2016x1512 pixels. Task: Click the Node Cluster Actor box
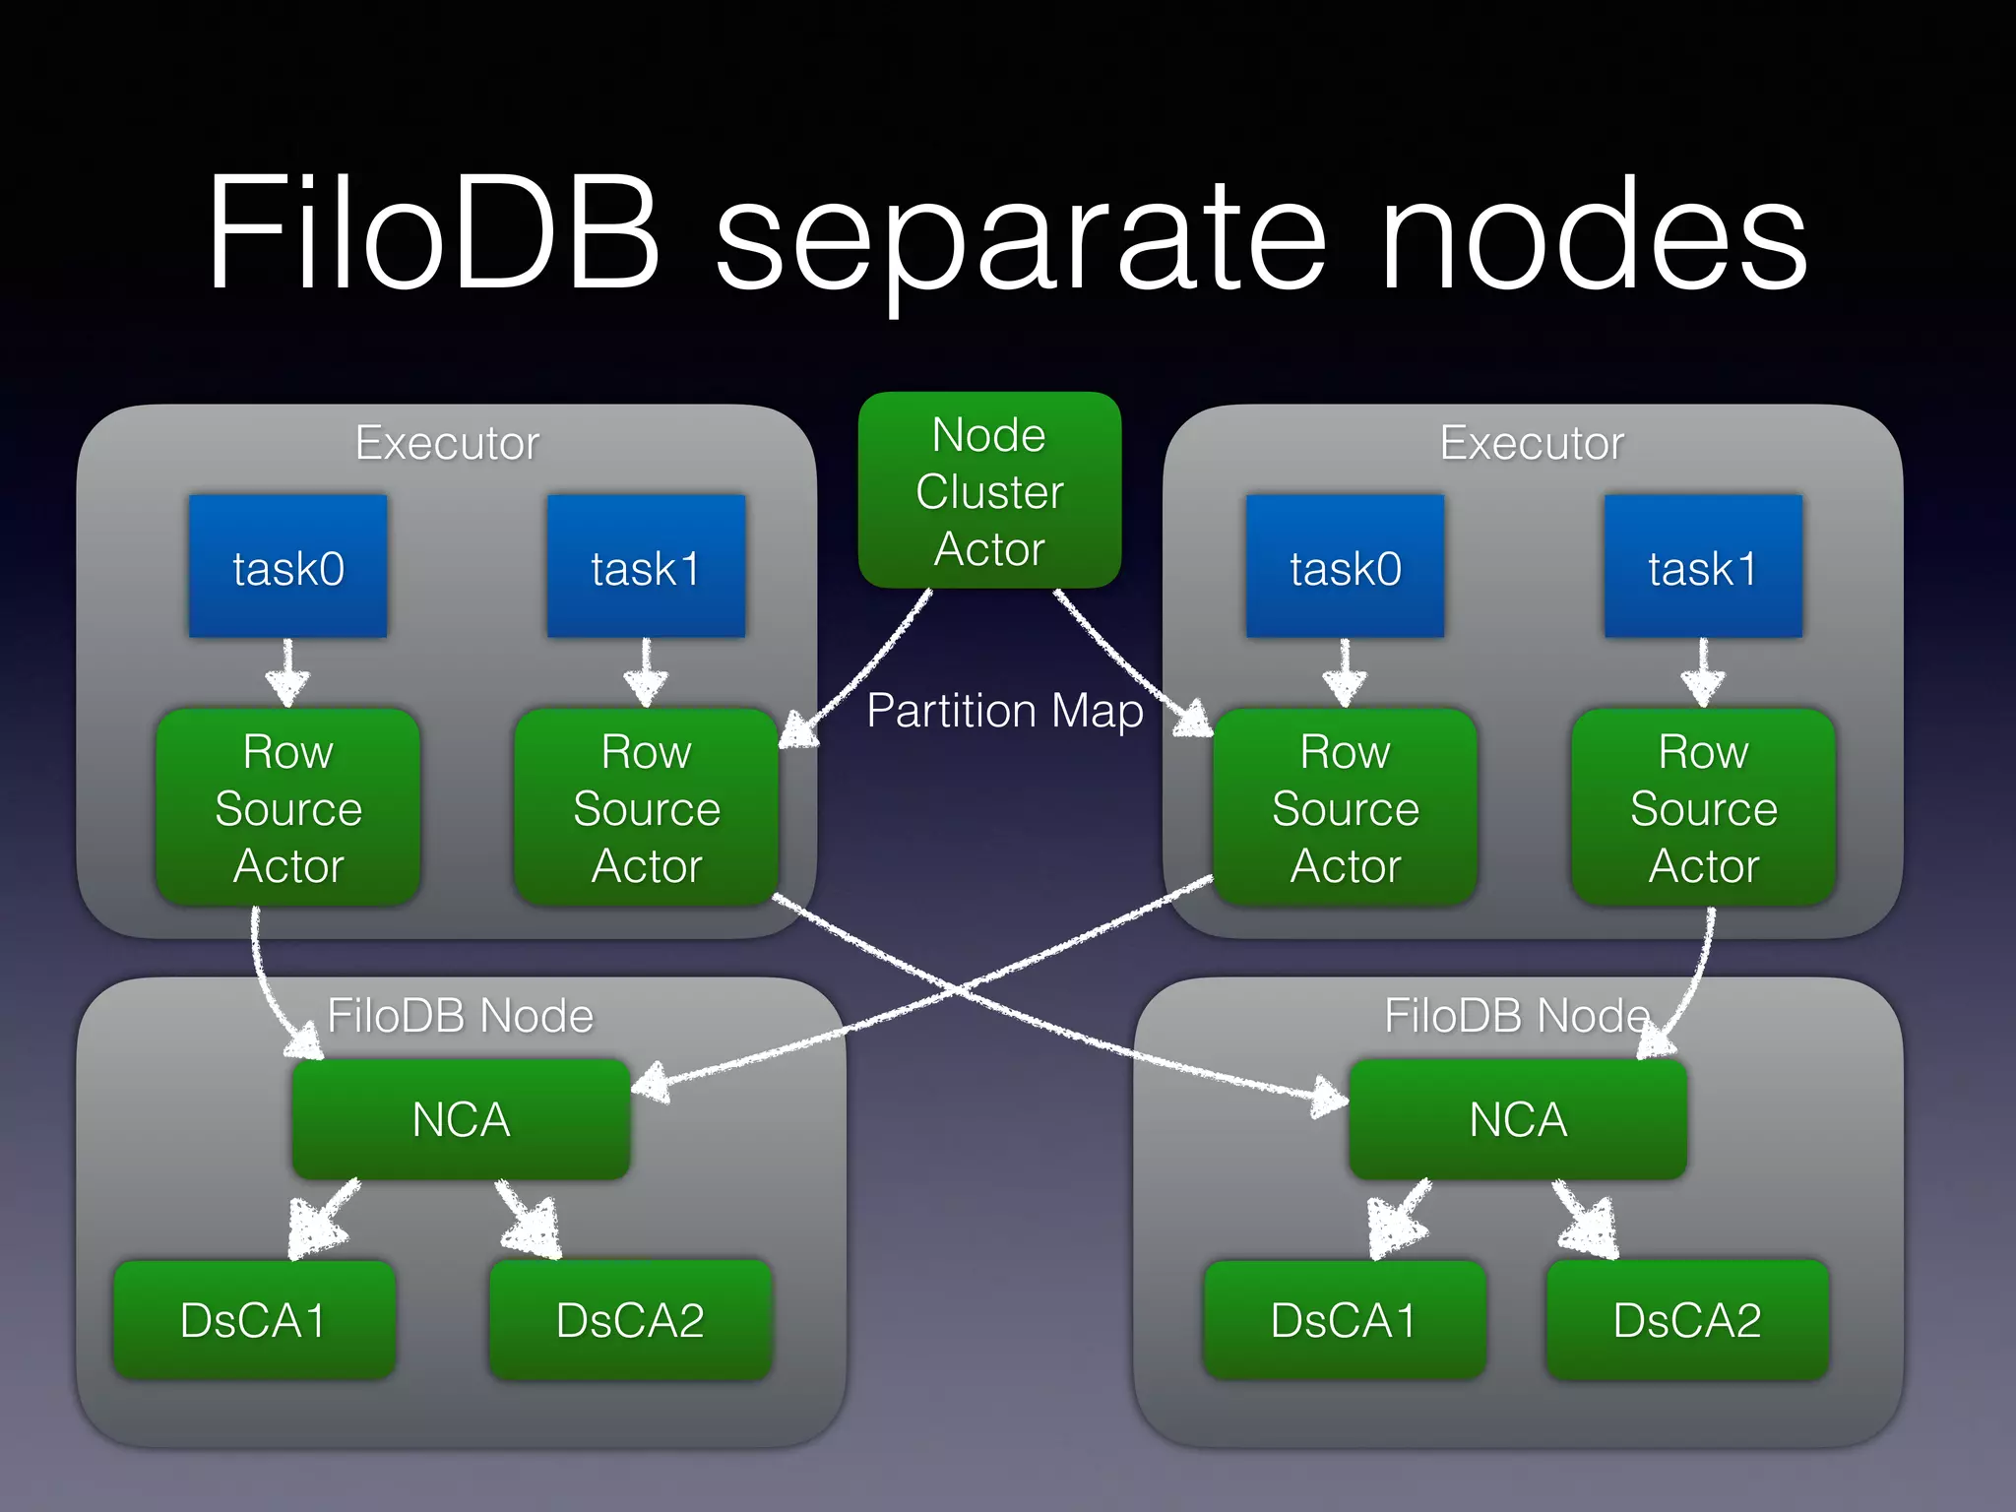pos(989,490)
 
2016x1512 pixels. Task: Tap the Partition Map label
pos(1004,711)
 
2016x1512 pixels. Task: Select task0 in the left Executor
pos(287,567)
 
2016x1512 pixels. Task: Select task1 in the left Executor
pos(646,567)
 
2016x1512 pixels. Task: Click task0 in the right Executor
pos(1345,567)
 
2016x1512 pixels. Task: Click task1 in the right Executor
pos(1703,567)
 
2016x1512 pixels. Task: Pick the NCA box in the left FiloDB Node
pos(461,1119)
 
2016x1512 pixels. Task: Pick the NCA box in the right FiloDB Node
pos(1518,1119)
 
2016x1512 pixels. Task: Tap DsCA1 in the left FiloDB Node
pos(254,1320)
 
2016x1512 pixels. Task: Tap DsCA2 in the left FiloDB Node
pos(630,1320)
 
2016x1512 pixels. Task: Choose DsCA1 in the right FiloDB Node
pos(1344,1320)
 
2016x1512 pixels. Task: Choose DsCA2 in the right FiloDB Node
pos(1687,1320)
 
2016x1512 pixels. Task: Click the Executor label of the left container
pos(447,443)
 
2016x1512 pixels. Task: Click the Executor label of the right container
pos(1532,443)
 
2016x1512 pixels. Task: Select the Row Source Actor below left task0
pos(287,807)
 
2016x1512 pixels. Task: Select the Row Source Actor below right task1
pos(1703,807)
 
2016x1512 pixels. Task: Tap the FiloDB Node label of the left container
pos(460,1015)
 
